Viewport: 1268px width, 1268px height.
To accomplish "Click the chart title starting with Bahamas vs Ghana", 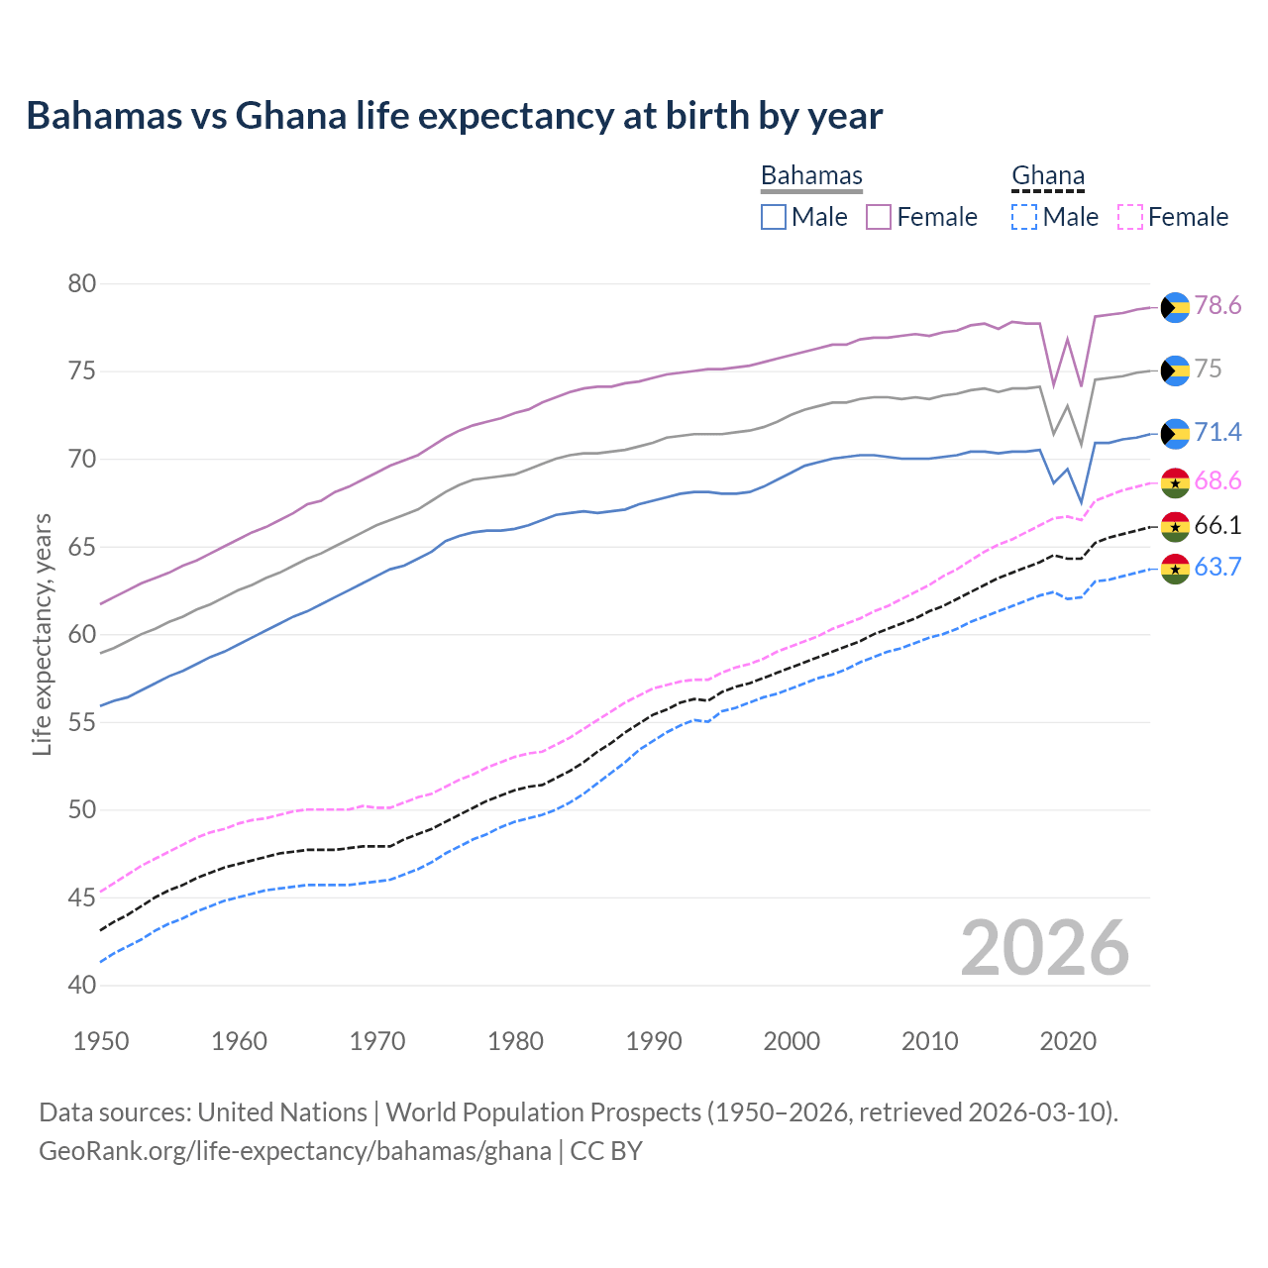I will click(454, 116).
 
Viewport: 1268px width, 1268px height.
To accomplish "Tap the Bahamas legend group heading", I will click(811, 176).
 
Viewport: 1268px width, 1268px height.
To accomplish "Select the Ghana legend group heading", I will click(1047, 176).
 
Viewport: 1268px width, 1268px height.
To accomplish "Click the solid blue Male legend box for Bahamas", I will click(774, 217).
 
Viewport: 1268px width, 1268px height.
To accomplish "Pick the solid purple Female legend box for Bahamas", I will click(879, 217).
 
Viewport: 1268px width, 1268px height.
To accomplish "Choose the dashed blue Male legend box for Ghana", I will click(1024, 217).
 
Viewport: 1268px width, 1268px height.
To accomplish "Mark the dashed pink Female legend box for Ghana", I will click(1129, 217).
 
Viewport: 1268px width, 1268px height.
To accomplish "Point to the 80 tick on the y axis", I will click(82, 284).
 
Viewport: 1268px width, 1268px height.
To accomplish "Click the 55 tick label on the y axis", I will click(82, 722).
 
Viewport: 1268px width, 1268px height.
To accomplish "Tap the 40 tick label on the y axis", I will click(82, 985).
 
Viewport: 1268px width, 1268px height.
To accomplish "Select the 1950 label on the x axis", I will click(101, 1041).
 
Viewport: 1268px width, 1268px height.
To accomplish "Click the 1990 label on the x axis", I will click(654, 1041).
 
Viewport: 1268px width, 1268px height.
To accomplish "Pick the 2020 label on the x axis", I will click(1068, 1041).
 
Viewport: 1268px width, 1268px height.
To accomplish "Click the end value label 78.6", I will click(1217, 306).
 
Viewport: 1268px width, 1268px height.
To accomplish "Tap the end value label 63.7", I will click(1217, 568).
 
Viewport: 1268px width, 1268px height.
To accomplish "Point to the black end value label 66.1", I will click(1217, 526).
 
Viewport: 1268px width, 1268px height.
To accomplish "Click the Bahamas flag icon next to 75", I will click(1175, 370).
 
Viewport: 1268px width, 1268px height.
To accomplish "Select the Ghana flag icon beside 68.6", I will click(1175, 482).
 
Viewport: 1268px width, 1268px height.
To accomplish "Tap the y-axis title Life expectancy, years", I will click(43, 634).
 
